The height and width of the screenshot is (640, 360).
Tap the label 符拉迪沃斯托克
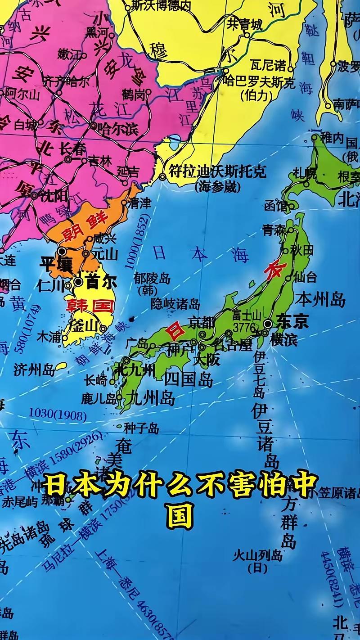click(217, 171)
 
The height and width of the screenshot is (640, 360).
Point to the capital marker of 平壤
click(62, 251)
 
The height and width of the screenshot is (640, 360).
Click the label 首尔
click(101, 282)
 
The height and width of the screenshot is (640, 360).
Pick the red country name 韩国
click(90, 306)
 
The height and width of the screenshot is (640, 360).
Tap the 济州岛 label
click(34, 370)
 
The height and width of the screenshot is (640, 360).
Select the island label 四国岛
click(188, 379)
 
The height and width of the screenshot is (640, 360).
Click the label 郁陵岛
click(152, 279)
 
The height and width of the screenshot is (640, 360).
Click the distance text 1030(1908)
click(58, 415)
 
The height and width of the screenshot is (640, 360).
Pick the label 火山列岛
click(257, 555)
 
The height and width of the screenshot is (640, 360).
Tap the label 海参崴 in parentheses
click(217, 187)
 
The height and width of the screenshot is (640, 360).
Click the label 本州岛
click(320, 299)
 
